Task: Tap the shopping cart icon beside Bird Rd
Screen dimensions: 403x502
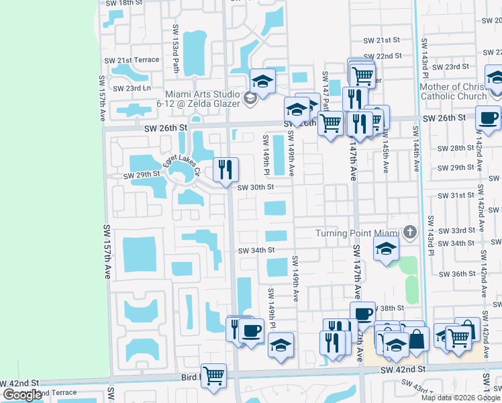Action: (x=213, y=375)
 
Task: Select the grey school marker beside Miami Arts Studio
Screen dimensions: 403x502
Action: (x=250, y=99)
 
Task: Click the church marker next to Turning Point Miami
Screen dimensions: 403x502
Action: (x=411, y=233)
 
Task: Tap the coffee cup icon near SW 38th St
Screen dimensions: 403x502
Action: (x=362, y=314)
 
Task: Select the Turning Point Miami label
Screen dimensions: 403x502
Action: (x=358, y=233)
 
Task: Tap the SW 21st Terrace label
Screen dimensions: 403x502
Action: (x=132, y=60)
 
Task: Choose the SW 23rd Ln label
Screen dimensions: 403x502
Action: (x=132, y=88)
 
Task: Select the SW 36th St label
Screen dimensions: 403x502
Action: (x=459, y=274)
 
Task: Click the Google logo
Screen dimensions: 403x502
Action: (x=22, y=395)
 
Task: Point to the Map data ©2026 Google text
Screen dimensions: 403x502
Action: (x=461, y=398)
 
